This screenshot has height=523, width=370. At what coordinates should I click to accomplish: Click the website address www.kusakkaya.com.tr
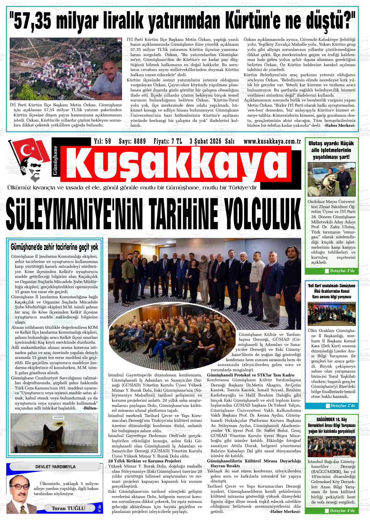(272, 141)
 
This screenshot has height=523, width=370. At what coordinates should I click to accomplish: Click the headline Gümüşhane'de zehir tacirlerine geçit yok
(55, 248)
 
